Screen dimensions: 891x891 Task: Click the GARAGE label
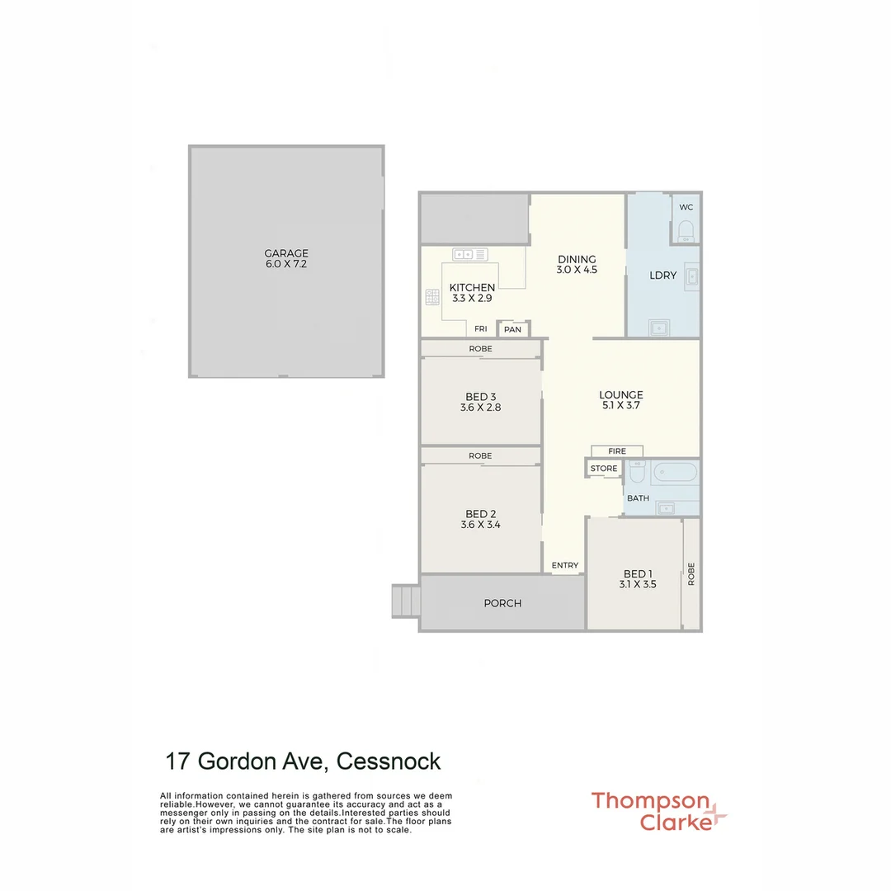pyautogui.click(x=286, y=253)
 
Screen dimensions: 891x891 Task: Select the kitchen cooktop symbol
pyautogui.click(x=431, y=296)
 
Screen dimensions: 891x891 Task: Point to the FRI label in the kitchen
pyautogui.click(x=480, y=329)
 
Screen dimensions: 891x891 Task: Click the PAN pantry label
pyautogui.click(x=513, y=329)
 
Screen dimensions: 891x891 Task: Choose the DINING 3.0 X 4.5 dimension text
pyautogui.click(x=577, y=270)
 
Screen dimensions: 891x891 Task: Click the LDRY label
pyautogui.click(x=663, y=275)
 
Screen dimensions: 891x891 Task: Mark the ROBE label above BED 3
pyautogui.click(x=480, y=349)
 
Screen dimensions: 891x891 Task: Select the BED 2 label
pyautogui.click(x=480, y=513)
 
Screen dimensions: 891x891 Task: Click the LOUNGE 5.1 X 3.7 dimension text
pyautogui.click(x=620, y=406)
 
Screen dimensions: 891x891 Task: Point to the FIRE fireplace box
pyautogui.click(x=617, y=451)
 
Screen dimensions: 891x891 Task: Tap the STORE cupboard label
pyautogui.click(x=604, y=469)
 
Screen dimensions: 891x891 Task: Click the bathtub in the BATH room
pyautogui.click(x=675, y=473)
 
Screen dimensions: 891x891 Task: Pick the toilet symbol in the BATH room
pyautogui.click(x=637, y=474)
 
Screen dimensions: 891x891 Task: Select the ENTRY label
pyautogui.click(x=565, y=565)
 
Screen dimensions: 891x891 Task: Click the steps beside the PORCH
pyautogui.click(x=405, y=601)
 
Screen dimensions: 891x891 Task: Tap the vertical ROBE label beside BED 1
pyautogui.click(x=691, y=573)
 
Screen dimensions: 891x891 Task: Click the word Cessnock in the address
pyautogui.click(x=389, y=761)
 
